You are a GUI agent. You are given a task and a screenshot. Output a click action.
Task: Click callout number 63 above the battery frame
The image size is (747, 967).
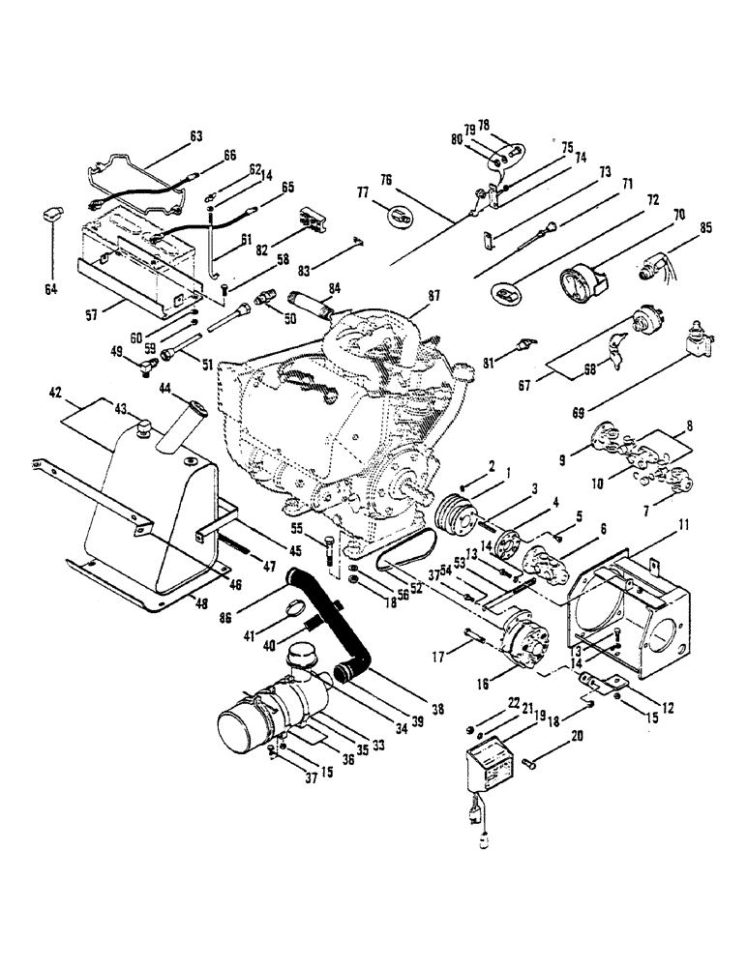tap(195, 137)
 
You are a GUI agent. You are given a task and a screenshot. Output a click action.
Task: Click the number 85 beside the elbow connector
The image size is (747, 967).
tap(705, 228)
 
